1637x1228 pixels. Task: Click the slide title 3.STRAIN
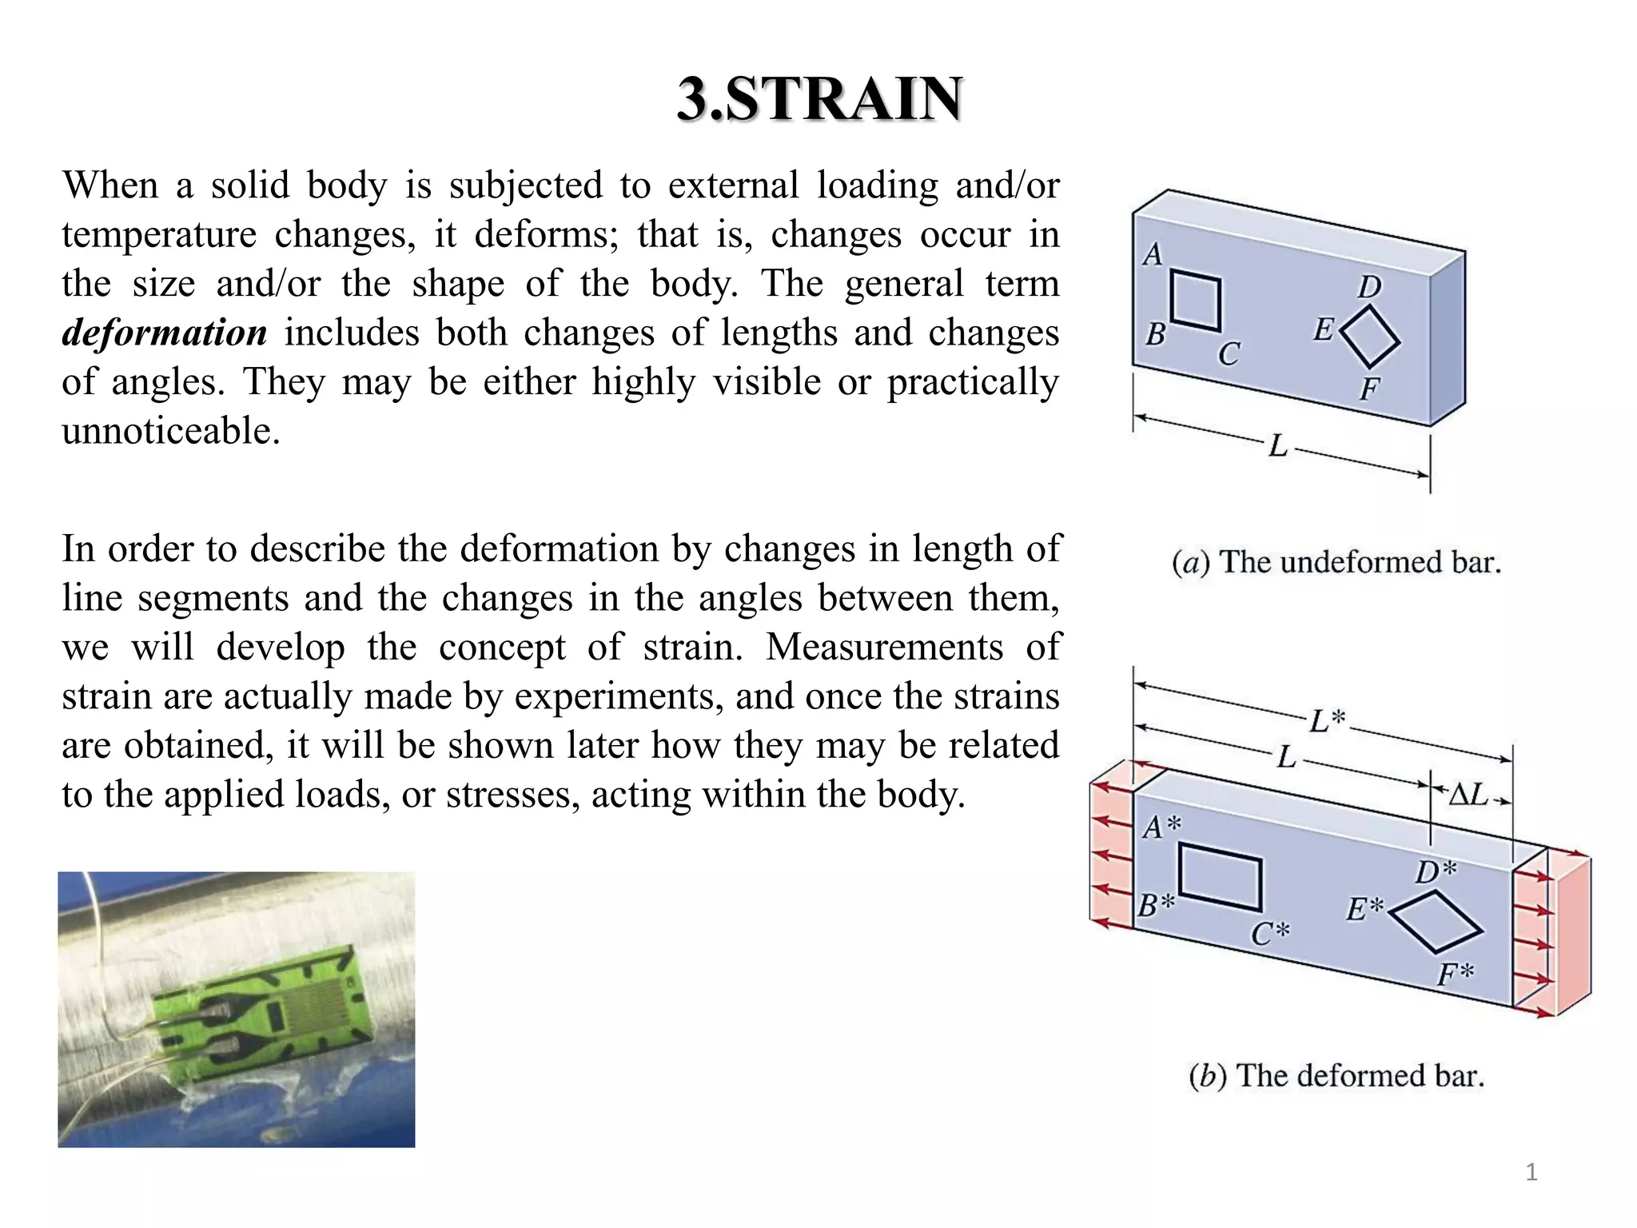coord(819,99)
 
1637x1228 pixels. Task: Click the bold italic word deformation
coord(165,333)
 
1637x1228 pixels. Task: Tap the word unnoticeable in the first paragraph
coord(171,431)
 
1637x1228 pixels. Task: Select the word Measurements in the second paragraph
coord(884,647)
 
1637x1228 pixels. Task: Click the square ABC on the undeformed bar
coord(1196,301)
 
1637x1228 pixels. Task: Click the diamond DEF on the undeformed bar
coord(1370,337)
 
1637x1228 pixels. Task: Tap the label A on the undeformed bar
coord(1153,254)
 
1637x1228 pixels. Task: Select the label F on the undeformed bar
coord(1369,389)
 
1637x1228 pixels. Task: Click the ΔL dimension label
coord(1468,795)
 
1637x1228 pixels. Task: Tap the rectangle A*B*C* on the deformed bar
coord(1221,877)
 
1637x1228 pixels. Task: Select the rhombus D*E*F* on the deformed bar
coord(1436,922)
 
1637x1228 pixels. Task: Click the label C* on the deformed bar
coord(1270,933)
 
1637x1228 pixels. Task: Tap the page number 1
coord(1531,1173)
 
